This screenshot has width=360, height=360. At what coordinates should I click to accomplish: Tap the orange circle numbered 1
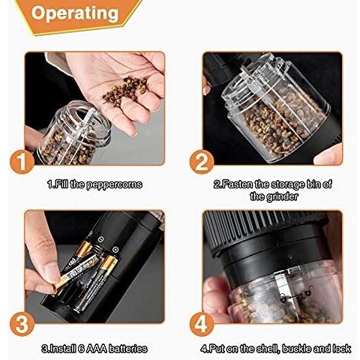(23, 161)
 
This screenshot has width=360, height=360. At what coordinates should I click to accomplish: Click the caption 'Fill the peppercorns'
(94, 184)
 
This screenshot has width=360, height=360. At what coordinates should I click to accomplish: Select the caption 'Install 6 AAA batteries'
(94, 348)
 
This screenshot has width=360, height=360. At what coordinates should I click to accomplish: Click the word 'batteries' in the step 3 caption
(127, 348)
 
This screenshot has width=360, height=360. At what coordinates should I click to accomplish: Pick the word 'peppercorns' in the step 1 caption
(113, 184)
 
